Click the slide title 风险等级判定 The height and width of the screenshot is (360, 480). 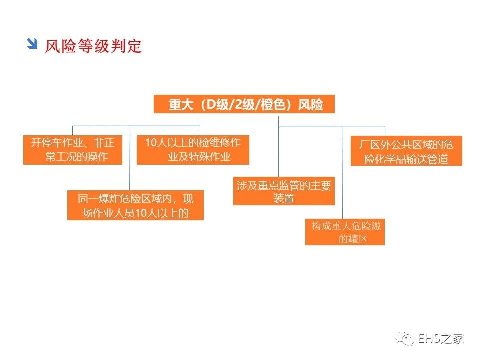coord(93,46)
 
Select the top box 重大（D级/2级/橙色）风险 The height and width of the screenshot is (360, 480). coord(244,104)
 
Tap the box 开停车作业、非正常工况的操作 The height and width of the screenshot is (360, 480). coord(73,150)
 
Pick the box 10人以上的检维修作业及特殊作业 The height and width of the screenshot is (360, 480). coord(193,150)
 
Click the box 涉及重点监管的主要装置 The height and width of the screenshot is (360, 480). coord(284,191)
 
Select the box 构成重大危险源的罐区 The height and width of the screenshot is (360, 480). coord(345,232)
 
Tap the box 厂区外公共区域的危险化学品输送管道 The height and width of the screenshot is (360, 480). coord(406,151)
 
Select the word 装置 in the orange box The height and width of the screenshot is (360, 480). coord(283,198)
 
